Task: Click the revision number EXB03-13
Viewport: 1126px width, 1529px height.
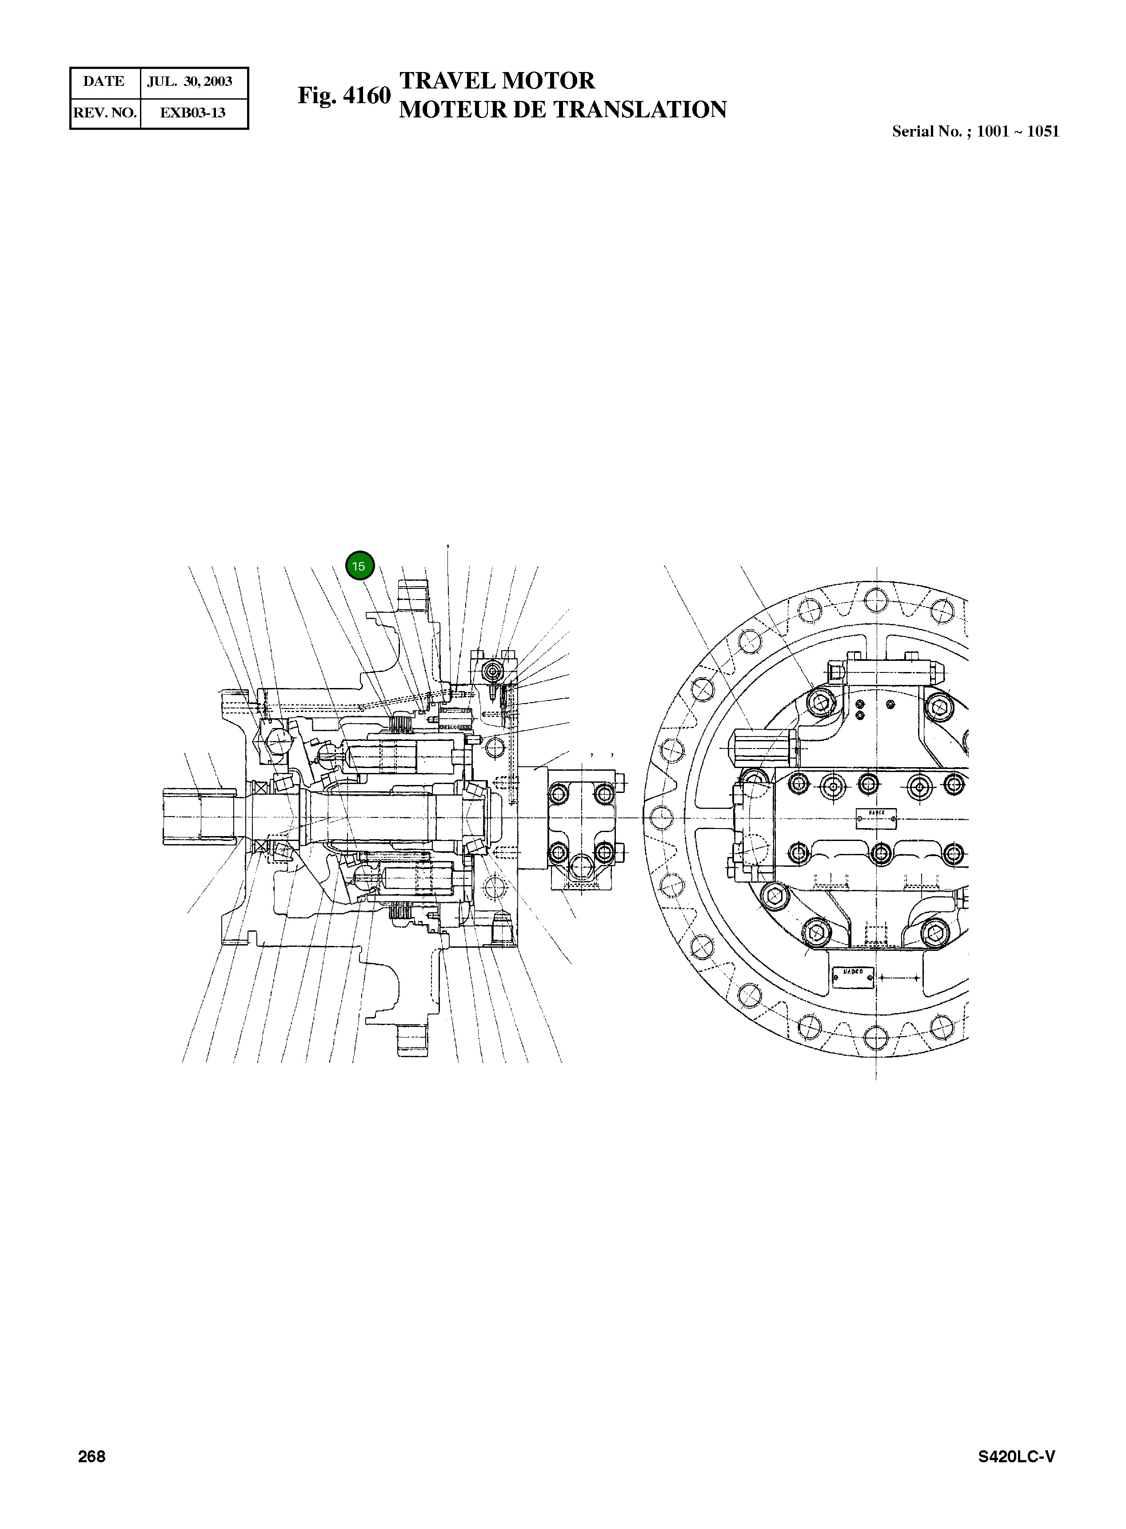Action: (192, 113)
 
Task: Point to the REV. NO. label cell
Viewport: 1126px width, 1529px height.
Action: (105, 113)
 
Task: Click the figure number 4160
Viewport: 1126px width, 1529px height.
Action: (366, 96)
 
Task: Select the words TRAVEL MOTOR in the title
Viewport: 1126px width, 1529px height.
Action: (497, 80)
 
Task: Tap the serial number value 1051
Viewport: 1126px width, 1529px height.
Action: (1043, 132)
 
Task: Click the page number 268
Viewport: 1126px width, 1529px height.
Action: (92, 1457)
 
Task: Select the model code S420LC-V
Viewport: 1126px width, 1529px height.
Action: (1016, 1457)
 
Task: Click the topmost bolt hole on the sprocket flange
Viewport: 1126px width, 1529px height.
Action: (875, 599)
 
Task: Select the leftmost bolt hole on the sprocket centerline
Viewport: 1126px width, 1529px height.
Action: (660, 817)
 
